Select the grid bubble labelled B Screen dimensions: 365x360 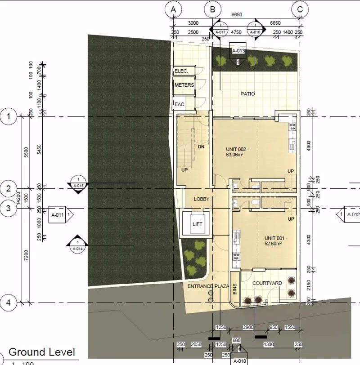coord(212,8)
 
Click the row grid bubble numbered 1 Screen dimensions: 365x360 coord(9,117)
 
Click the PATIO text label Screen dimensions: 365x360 coord(247,94)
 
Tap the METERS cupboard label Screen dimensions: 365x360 coord(184,85)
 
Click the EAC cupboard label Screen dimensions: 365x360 coord(180,104)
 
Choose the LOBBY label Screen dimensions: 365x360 coord(202,199)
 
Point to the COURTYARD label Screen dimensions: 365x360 coord(267,283)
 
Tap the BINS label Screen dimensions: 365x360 coord(234,289)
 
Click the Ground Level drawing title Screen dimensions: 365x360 coord(42,352)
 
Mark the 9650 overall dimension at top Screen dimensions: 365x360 coord(237,14)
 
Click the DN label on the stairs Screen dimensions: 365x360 coord(202,146)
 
